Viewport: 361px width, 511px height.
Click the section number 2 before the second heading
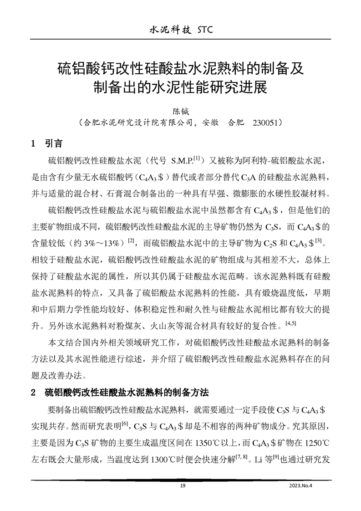tap(33, 392)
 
